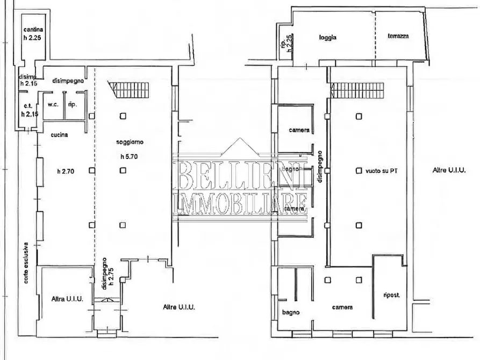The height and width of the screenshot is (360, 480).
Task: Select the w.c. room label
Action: coord(53,104)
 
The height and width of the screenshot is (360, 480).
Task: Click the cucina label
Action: coord(59,135)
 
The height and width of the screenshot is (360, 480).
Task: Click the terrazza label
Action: coord(398,37)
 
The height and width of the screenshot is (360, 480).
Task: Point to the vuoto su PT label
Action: coord(385,170)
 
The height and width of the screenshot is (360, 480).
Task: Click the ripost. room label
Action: coord(391,295)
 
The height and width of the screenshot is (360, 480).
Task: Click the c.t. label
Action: coord(25,106)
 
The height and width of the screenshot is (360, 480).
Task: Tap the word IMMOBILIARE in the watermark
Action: coord(240,204)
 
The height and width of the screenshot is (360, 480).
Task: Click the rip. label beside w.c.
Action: coord(71,104)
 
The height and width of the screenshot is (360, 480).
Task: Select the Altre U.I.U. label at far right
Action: coord(449,170)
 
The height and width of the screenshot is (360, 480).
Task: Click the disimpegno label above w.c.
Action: coord(68,81)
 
